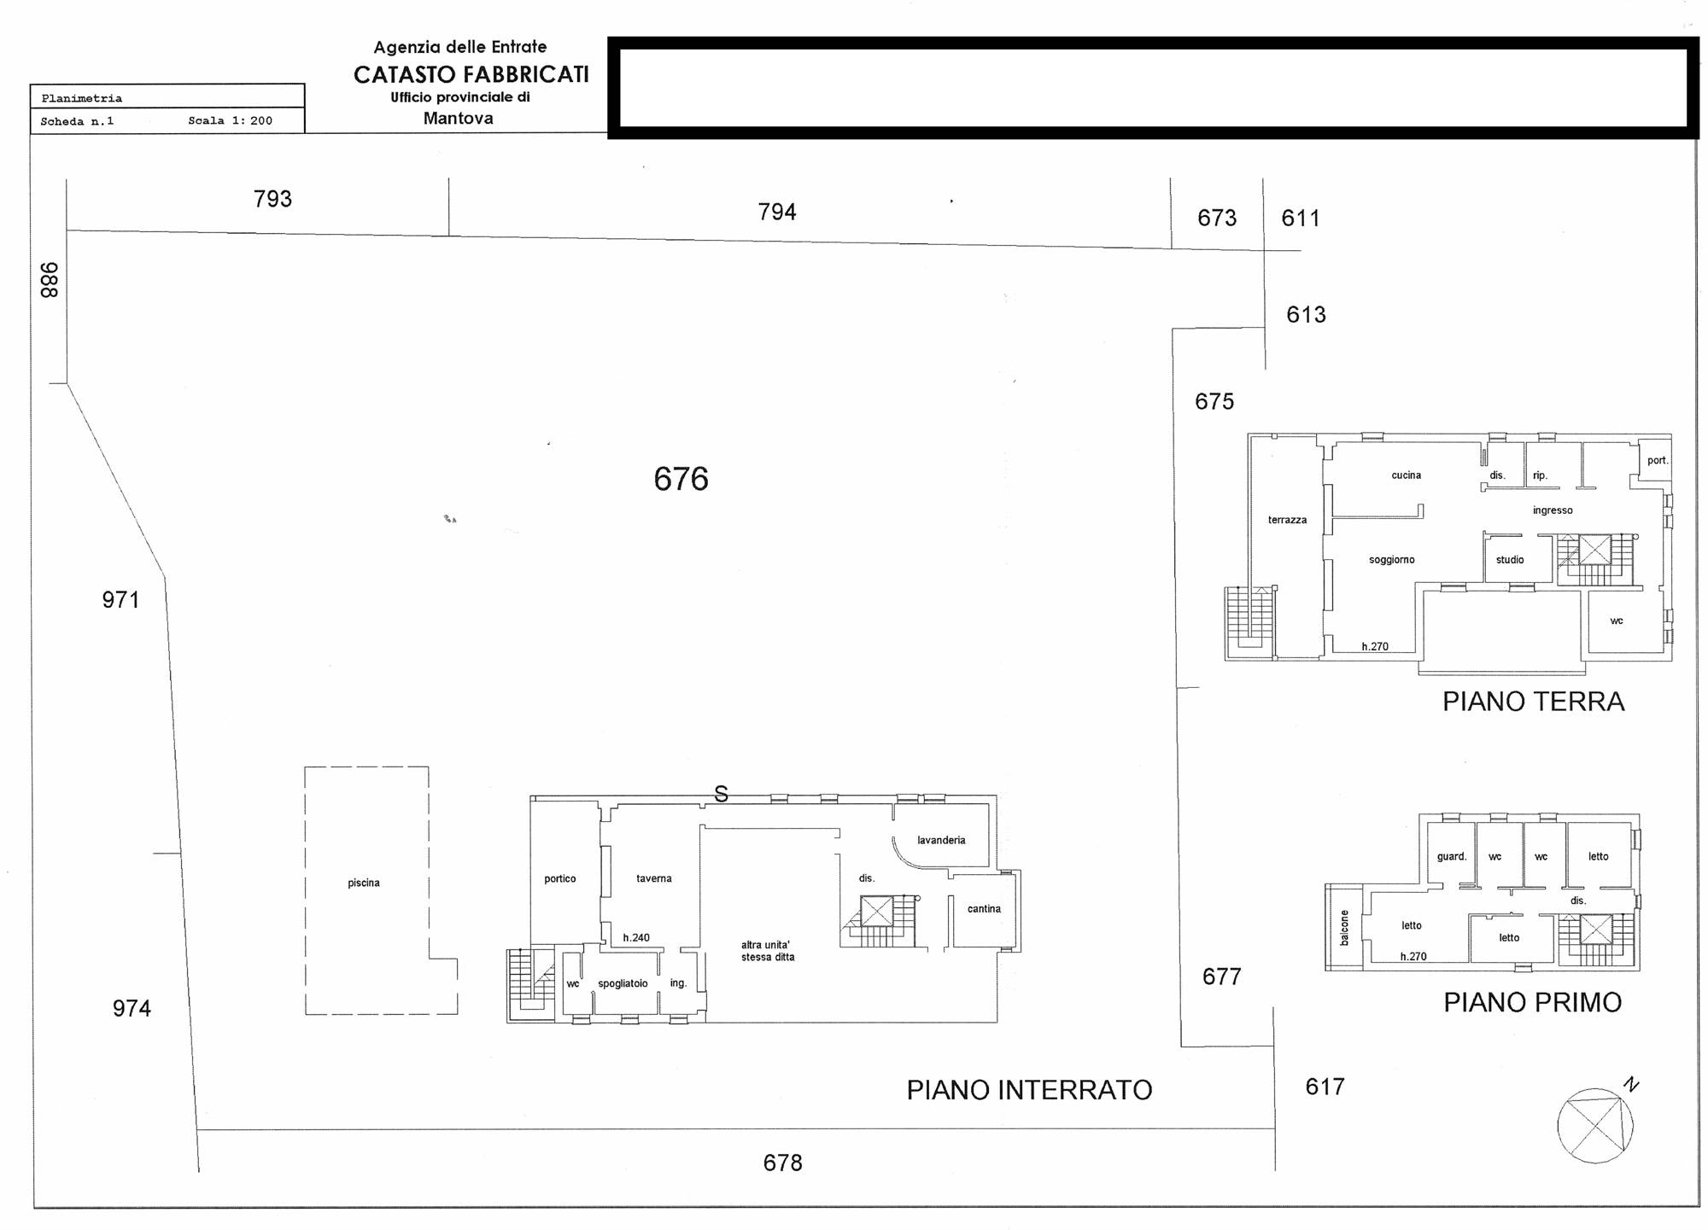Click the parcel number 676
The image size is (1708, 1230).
tap(681, 479)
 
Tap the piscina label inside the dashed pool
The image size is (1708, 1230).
tap(364, 883)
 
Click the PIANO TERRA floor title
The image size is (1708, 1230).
tap(1533, 702)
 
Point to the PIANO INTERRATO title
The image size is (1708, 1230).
tap(1029, 1090)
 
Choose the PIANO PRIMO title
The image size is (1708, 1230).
tap(1532, 1002)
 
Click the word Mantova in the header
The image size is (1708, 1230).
tap(459, 119)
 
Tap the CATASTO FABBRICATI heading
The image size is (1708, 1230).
tap(471, 75)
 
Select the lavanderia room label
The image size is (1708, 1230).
tap(941, 840)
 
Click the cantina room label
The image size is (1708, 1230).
tap(984, 909)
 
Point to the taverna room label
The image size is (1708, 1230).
tap(653, 878)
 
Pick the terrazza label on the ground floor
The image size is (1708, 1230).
tap(1287, 520)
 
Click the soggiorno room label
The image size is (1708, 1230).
tap(1391, 560)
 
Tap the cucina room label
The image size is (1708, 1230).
tap(1406, 475)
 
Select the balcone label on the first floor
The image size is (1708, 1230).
tap(1344, 928)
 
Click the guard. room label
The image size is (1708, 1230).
tap(1451, 856)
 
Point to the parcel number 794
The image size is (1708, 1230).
tap(777, 212)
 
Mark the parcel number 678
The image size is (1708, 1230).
tap(782, 1163)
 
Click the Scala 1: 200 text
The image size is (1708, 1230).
tap(231, 121)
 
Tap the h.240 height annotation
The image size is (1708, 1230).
tap(636, 937)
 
